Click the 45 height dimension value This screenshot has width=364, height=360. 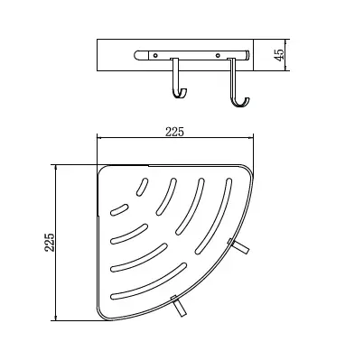(x=280, y=55)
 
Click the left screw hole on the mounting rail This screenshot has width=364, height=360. (x=155, y=55)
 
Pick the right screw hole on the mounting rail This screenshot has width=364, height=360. (x=218, y=55)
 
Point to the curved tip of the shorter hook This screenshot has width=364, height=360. (x=184, y=91)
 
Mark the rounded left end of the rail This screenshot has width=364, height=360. (x=136, y=55)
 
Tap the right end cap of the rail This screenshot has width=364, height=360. (x=247, y=55)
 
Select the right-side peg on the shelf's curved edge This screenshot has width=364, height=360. (x=238, y=246)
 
